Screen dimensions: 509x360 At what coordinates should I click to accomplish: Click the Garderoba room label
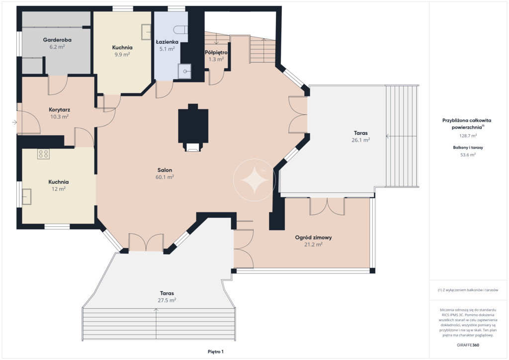click(57, 40)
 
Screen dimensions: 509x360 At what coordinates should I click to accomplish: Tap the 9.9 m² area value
click(122, 55)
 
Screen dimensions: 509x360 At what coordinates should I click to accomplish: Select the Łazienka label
click(167, 42)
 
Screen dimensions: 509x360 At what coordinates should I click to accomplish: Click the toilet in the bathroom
click(180, 30)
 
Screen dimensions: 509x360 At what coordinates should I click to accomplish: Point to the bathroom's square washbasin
click(184, 72)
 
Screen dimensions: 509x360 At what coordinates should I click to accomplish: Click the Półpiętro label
click(216, 52)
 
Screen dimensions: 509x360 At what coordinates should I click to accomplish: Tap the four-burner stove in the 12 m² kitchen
click(43, 154)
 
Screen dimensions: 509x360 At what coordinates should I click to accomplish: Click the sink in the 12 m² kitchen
click(27, 196)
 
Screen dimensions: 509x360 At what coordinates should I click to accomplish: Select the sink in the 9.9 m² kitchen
click(146, 32)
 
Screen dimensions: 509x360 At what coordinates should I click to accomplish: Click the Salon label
click(165, 170)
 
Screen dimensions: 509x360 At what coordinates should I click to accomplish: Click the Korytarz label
click(60, 110)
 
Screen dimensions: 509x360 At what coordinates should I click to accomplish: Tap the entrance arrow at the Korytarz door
click(14, 122)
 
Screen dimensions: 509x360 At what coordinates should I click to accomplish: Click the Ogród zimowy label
click(313, 237)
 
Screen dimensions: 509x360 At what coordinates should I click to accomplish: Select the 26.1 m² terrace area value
click(361, 140)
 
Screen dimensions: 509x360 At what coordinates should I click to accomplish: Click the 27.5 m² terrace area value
click(167, 300)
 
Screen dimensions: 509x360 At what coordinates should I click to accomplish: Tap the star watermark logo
click(254, 180)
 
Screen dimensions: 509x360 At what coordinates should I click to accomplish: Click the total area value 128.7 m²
click(468, 136)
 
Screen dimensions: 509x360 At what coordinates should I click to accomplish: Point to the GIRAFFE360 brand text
click(468, 345)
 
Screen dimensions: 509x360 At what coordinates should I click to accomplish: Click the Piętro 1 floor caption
click(216, 352)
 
